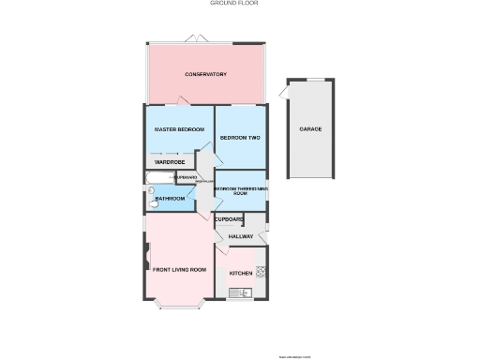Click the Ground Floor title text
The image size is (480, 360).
(x=234, y=3)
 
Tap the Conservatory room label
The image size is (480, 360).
(x=205, y=74)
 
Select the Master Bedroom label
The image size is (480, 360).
(x=178, y=129)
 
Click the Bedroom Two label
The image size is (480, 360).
(x=239, y=138)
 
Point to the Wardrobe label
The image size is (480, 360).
(x=169, y=161)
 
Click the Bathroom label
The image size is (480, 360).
(x=170, y=199)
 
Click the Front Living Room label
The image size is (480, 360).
(x=179, y=270)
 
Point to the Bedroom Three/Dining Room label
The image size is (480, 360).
(x=239, y=190)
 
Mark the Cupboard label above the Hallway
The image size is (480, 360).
(x=230, y=219)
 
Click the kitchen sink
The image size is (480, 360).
(x=241, y=293)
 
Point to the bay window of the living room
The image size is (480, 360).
(x=177, y=306)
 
